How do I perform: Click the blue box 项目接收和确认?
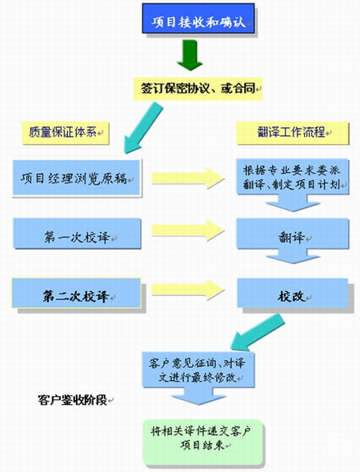198,18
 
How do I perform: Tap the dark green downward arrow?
190,55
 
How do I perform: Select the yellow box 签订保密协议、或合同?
198,89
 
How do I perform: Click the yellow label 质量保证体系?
66,133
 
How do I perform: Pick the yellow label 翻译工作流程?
293,133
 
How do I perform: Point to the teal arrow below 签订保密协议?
143,128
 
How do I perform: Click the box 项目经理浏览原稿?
77,178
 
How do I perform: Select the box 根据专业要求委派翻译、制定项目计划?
293,177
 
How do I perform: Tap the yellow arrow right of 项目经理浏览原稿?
188,178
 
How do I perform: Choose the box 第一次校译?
77,234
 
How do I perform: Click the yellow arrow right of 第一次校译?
188,230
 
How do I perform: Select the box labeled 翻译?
293,234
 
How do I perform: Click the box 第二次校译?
77,293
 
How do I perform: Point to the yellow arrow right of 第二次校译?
188,290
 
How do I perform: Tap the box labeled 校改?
293,293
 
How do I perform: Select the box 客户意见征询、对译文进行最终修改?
198,370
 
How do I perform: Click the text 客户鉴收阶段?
73,400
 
